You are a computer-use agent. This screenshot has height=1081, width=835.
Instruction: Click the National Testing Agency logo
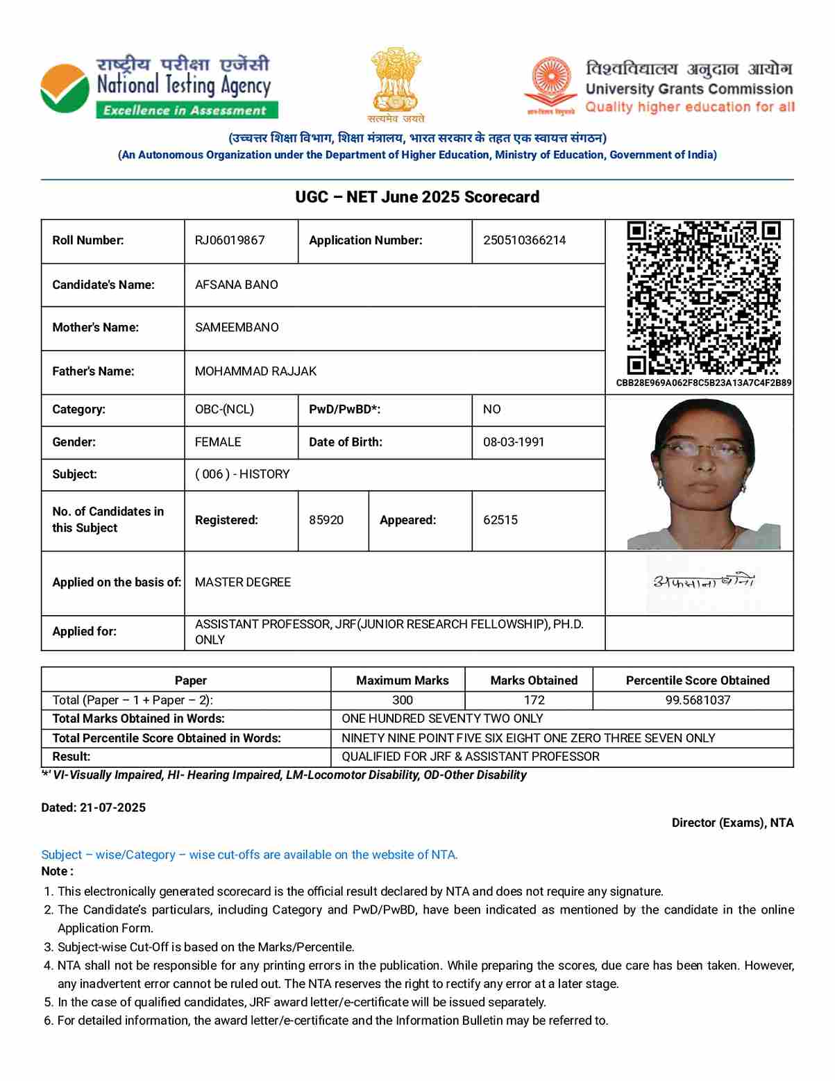point(65,88)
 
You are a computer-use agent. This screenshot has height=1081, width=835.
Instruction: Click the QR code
point(704,298)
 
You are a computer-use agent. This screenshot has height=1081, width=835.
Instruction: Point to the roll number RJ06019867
point(230,240)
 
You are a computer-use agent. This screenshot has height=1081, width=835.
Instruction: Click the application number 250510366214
point(524,240)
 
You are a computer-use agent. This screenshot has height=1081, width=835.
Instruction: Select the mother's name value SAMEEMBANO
point(237,327)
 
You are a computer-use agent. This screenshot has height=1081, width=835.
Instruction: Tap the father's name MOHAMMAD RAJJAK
point(255,371)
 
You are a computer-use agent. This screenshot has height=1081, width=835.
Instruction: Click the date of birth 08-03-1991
point(514,442)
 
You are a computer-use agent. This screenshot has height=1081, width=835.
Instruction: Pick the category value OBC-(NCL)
point(224,410)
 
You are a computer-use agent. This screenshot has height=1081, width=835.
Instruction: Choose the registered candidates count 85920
point(326,520)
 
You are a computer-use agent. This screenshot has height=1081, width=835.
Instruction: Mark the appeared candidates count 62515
point(500,520)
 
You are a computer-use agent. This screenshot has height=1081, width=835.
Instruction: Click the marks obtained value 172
point(534,700)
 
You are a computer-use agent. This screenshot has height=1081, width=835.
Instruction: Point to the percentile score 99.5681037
point(698,700)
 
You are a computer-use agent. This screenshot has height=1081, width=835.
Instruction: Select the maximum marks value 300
point(403,700)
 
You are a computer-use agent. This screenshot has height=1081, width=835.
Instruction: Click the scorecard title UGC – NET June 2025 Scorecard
point(417,197)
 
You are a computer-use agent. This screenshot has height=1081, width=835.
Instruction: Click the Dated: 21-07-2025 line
point(94,807)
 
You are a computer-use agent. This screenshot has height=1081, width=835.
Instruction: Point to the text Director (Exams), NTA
point(732,823)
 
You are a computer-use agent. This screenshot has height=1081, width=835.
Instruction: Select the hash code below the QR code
point(704,383)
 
